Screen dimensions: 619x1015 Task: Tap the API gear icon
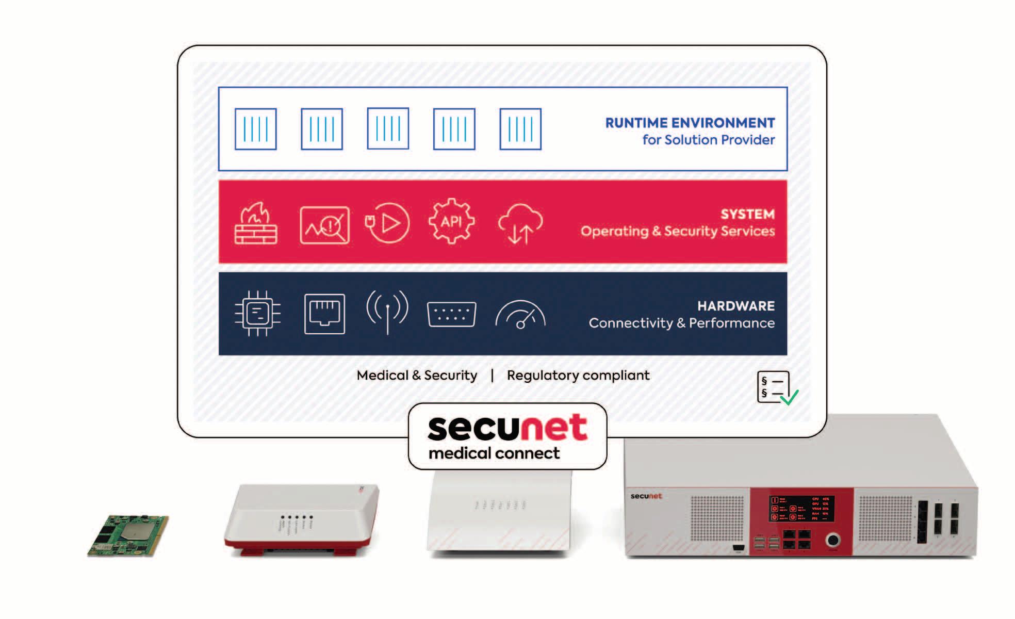coord(451,221)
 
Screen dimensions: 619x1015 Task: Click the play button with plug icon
coord(387,223)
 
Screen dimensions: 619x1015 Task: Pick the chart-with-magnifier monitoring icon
coord(324,225)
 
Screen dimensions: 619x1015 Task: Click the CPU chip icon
coord(257,313)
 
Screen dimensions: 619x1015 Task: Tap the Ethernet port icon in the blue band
coord(324,314)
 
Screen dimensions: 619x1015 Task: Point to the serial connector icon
coord(451,314)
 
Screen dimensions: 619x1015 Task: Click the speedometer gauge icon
coord(520,315)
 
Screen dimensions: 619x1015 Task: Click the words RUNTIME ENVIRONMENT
coord(690,123)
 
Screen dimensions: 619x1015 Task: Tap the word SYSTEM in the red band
coord(747,214)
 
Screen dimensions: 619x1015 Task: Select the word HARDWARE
coord(736,306)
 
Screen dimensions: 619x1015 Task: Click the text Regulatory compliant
coord(578,375)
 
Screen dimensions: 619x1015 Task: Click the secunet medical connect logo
coord(507,436)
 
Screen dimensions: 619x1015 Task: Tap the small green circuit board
coord(127,535)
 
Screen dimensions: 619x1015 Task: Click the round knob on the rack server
coord(832,540)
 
